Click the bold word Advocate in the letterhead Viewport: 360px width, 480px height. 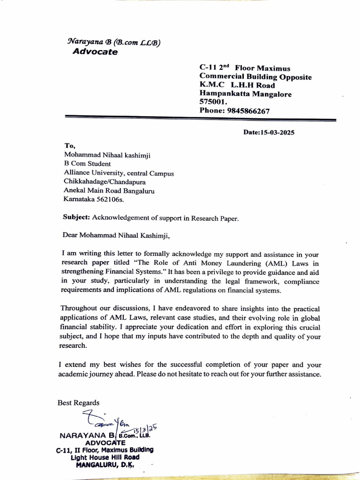[x=95, y=52]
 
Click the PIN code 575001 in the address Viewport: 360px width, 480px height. [x=212, y=102]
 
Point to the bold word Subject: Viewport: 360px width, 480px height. [x=76, y=217]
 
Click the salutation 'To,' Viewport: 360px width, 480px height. [x=70, y=146]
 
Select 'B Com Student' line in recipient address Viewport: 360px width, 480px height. [x=87, y=164]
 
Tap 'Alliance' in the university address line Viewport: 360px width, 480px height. [x=77, y=172]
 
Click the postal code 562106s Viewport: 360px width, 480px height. [x=113, y=199]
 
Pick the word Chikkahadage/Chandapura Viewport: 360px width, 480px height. [x=105, y=181]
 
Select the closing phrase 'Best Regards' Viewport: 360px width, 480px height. [x=78, y=403]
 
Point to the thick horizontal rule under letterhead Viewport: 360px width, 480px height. [x=200, y=119]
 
